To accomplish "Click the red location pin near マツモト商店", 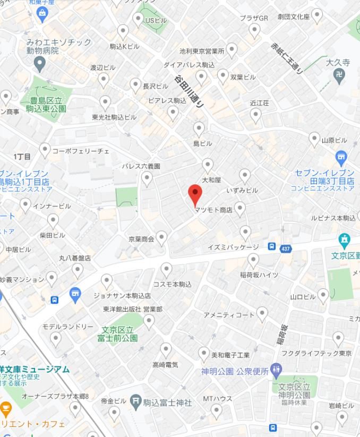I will pos(195,194).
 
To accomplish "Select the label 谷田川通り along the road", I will pos(189,91).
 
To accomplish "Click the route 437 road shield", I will pos(286,248).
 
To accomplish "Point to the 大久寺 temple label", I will pos(338,63).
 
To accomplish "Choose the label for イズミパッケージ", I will pos(233,247).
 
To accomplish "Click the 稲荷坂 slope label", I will pos(281,335).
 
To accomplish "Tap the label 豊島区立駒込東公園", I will pos(46,105).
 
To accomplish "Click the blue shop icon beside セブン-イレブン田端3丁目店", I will pos(341,157).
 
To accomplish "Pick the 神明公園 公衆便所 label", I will pos(235,371).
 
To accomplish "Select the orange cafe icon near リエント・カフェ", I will pos(6,409).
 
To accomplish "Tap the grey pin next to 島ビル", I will pos(199,128).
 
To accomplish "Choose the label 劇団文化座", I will pos(293,17).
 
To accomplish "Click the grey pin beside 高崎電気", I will pos(166,349).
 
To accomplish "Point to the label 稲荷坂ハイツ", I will pos(259,275).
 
